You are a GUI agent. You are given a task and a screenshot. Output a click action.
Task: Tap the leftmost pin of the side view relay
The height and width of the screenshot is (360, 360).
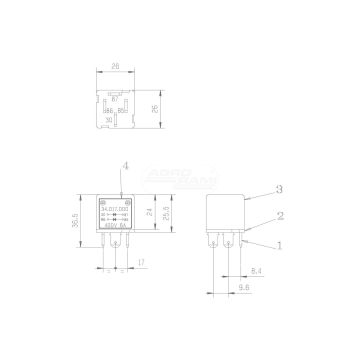(x=213, y=245)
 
